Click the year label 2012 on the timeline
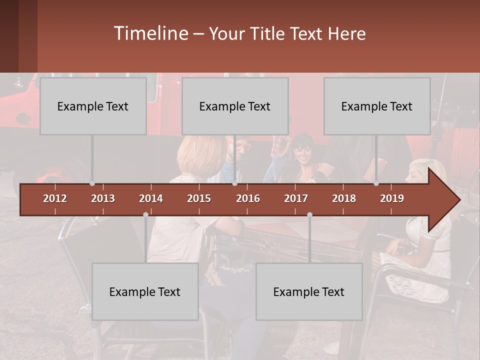tap(55, 198)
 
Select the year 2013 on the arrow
tap(103, 198)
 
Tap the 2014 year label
tap(151, 198)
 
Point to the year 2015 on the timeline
tap(199, 198)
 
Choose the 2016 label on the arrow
tap(248, 198)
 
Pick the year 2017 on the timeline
tap(296, 198)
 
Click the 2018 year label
tap(344, 198)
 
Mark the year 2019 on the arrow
tap(392, 198)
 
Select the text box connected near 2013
tap(93, 106)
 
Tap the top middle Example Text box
tap(235, 106)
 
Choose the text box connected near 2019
tap(377, 106)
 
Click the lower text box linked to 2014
tap(145, 291)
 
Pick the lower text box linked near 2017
tap(309, 291)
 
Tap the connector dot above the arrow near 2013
tap(92, 183)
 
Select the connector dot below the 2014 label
tap(145, 215)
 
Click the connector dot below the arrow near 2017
tap(309, 215)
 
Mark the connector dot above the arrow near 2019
tap(376, 183)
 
